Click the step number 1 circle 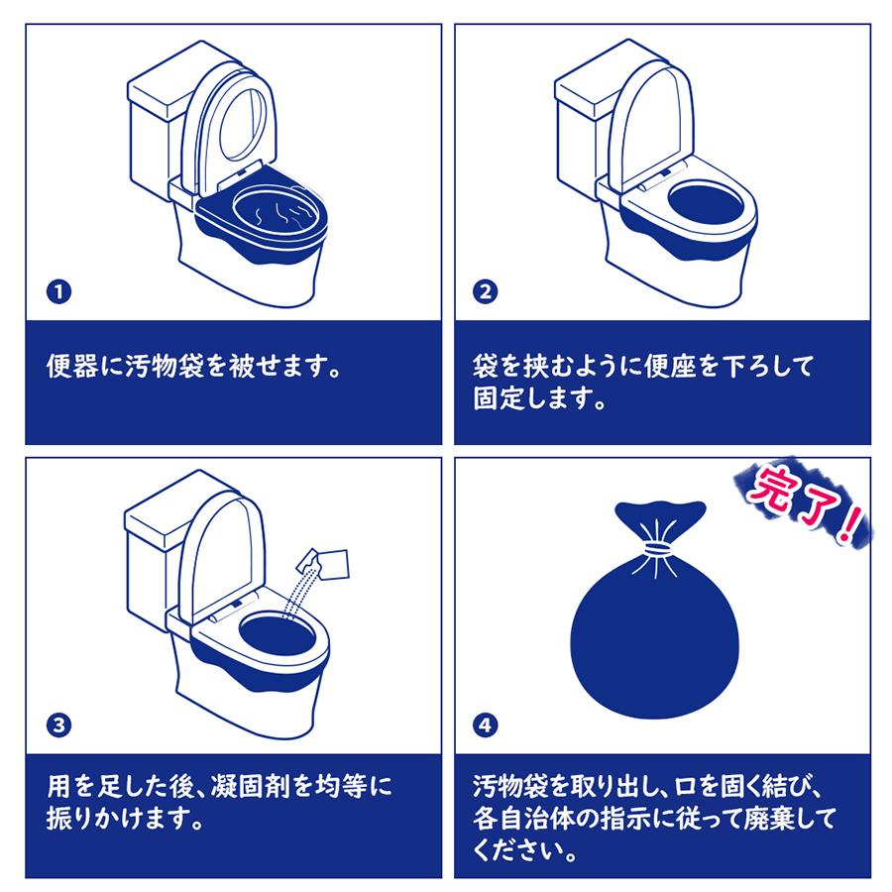click(x=60, y=292)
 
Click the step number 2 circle click(x=487, y=292)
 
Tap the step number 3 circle click(x=60, y=725)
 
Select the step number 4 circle click(x=487, y=725)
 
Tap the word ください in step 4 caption click(x=521, y=850)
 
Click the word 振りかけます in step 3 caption click(x=125, y=821)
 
